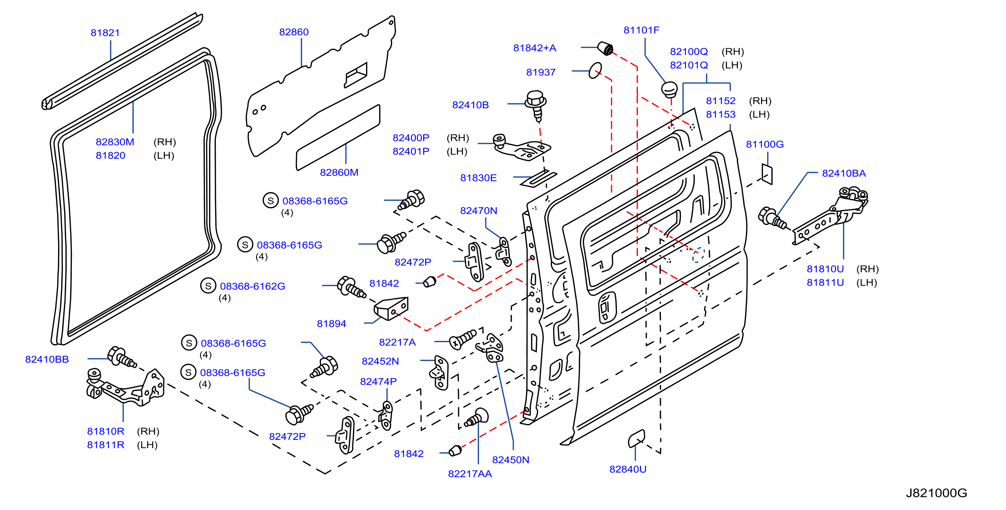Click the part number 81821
tap(105, 33)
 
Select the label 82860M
tap(339, 172)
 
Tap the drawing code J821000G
tap(937, 493)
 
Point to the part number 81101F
tap(641, 30)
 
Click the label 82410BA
tap(844, 174)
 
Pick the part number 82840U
tap(628, 469)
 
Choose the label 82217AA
tap(470, 474)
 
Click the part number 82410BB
tap(47, 359)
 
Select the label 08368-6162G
tap(252, 286)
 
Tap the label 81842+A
tap(535, 48)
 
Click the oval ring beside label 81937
tap(595, 70)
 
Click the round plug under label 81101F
tap(670, 90)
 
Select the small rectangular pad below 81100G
tap(767, 174)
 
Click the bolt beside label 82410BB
tap(121, 357)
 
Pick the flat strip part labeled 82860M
tap(338, 137)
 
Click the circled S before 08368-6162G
tap(208, 286)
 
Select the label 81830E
tap(478, 178)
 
